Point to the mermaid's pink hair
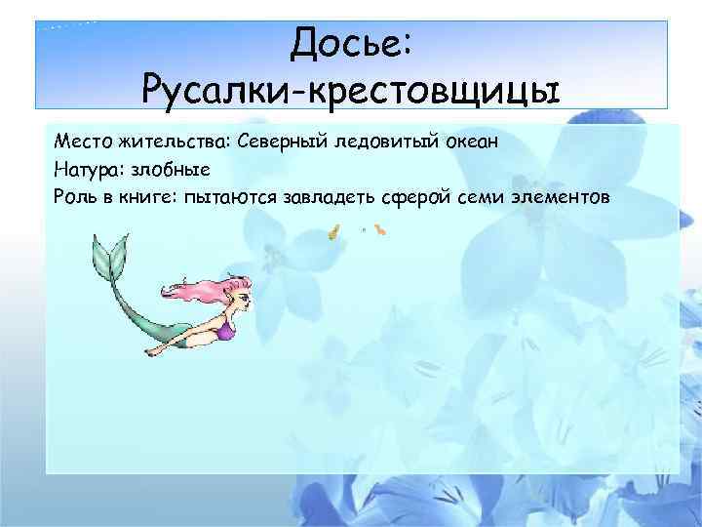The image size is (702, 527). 200,291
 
